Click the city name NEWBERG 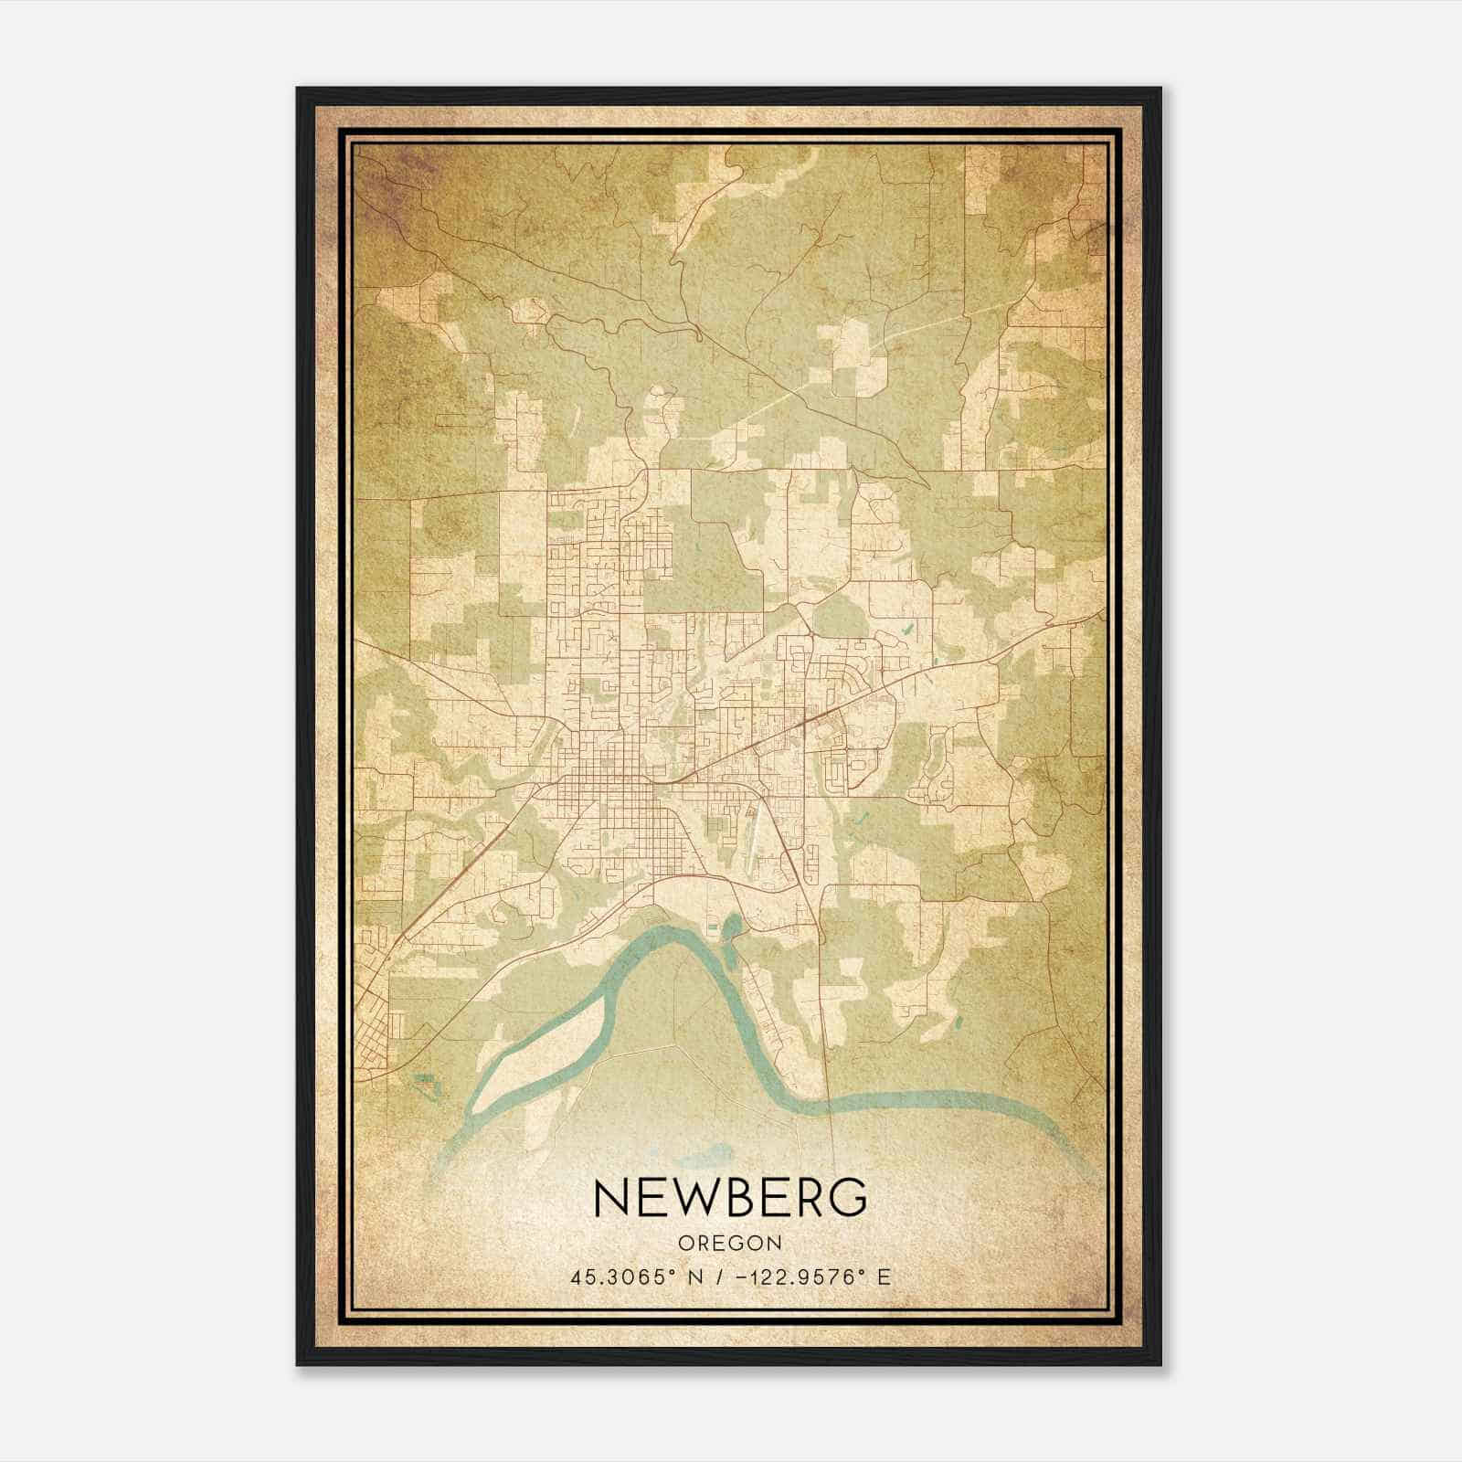(730, 1197)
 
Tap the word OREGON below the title (730, 1244)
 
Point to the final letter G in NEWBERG (844, 1197)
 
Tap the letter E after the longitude (883, 1277)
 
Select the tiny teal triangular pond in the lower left (423, 1079)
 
